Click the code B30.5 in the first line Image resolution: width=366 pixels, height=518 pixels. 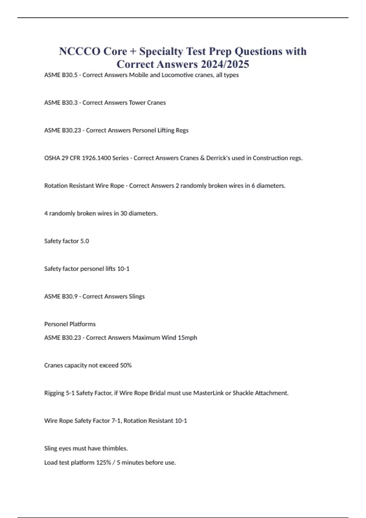(70, 75)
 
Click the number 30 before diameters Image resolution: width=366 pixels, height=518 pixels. (124, 214)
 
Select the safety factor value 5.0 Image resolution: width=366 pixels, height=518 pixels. (84, 241)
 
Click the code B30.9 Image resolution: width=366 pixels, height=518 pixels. (70, 296)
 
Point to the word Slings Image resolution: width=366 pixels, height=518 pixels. (137, 296)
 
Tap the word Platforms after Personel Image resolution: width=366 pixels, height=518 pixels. (82, 324)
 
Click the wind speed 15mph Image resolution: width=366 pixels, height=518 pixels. (187, 338)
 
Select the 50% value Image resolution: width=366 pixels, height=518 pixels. (126, 365)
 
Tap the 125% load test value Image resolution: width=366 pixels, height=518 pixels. (103, 463)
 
